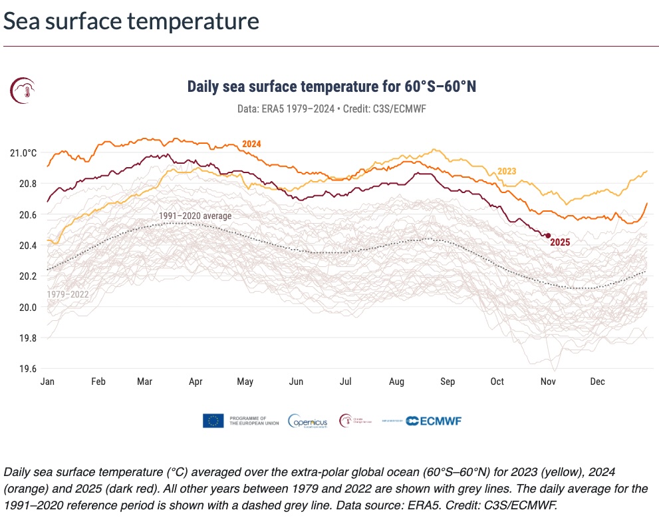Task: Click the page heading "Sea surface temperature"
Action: [131, 21]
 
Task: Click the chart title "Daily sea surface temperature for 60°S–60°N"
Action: [332, 87]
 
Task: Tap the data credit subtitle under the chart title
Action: [330, 108]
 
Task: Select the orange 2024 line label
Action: [251, 144]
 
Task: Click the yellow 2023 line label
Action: [507, 171]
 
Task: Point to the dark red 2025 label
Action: [560, 242]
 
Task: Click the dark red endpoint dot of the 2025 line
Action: [548, 235]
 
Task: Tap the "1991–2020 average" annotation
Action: [195, 216]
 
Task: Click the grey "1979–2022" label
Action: [67, 294]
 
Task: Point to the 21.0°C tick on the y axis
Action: [23, 152]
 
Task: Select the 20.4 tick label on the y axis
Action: [27, 246]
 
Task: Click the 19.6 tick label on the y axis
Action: [27, 369]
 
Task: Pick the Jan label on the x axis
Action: [47, 382]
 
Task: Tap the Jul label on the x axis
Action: [346, 382]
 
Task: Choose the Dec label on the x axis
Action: [597, 382]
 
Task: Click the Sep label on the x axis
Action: [447, 382]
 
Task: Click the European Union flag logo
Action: [213, 420]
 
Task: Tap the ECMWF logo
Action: [434, 421]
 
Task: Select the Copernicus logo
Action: [309, 421]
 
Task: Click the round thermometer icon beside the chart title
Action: [23, 90]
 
